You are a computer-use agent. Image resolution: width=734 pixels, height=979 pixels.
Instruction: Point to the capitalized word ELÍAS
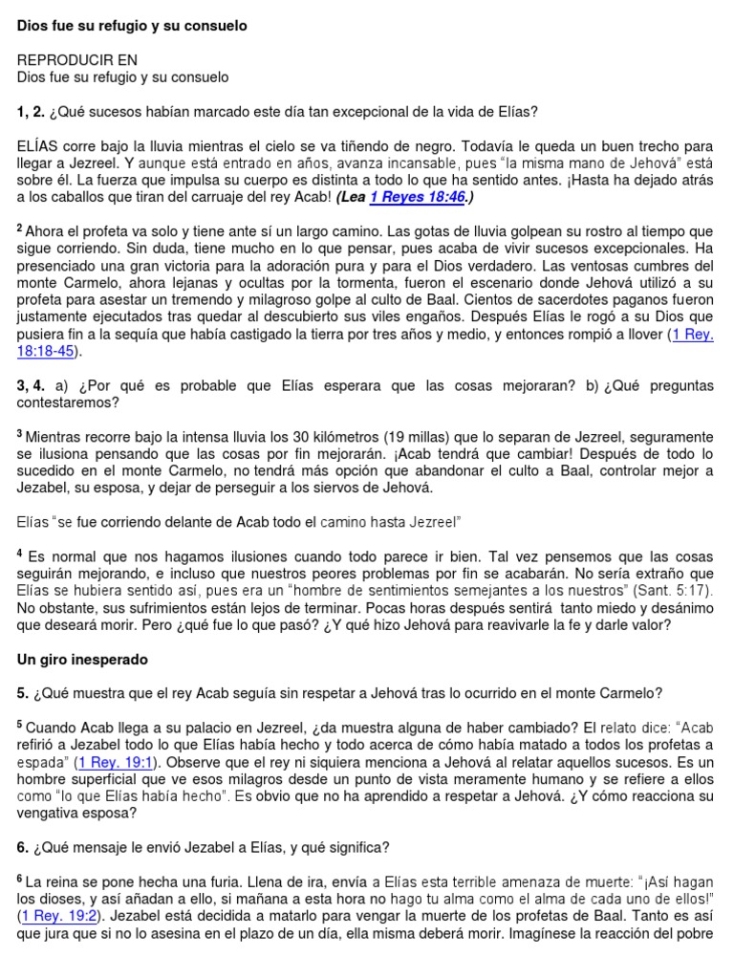37,147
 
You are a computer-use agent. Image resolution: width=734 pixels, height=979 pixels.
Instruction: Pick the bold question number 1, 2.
32,112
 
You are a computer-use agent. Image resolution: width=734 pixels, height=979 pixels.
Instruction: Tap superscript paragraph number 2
20,229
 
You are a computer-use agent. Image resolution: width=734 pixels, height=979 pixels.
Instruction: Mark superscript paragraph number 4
20,553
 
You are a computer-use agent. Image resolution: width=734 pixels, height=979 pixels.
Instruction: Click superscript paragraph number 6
20,877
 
